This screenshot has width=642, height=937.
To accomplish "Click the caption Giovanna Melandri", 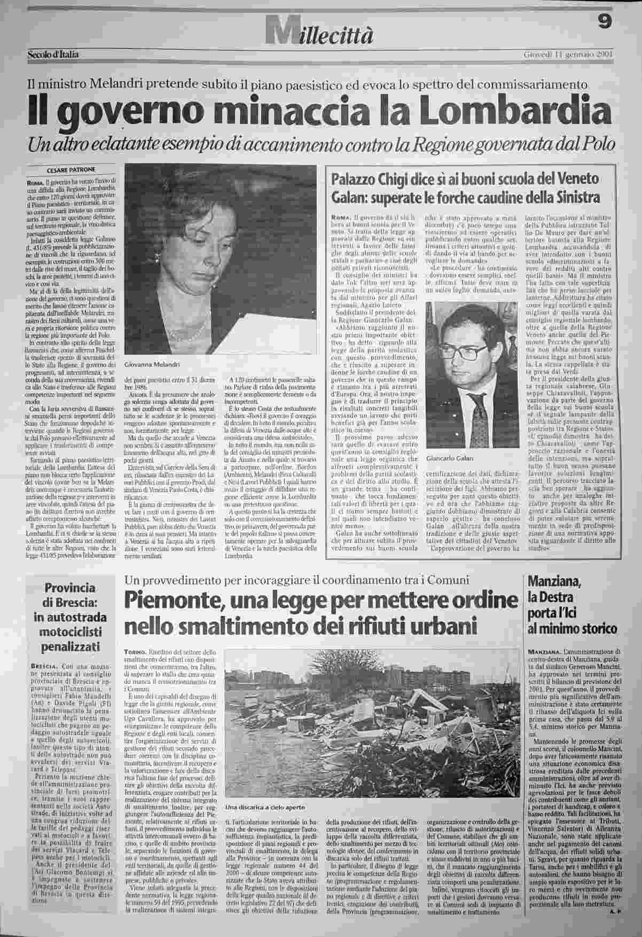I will pyautogui.click(x=152, y=364).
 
